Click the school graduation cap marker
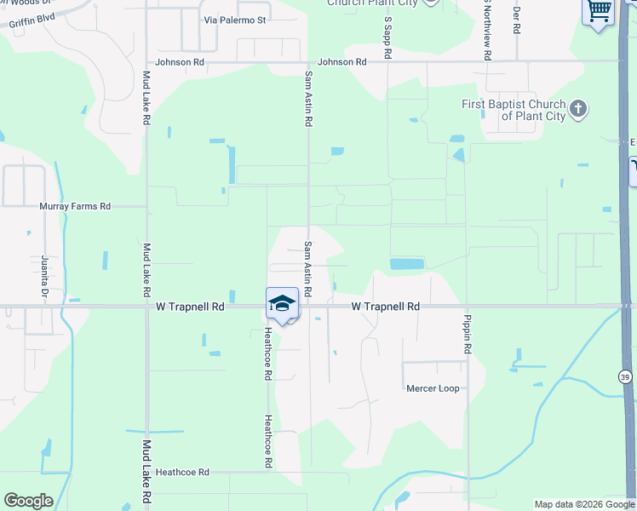coord(283,304)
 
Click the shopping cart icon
coord(599,12)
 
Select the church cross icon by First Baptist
coord(578,109)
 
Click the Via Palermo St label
coord(235,20)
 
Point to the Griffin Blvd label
coord(32,17)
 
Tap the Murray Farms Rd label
coord(75,206)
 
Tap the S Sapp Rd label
coord(387,37)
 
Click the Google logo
coord(28,501)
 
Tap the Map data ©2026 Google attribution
coord(584,504)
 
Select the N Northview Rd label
coord(487,30)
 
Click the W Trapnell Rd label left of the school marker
coord(190,306)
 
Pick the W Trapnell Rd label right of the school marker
coord(386,306)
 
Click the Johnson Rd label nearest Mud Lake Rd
coord(181,62)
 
